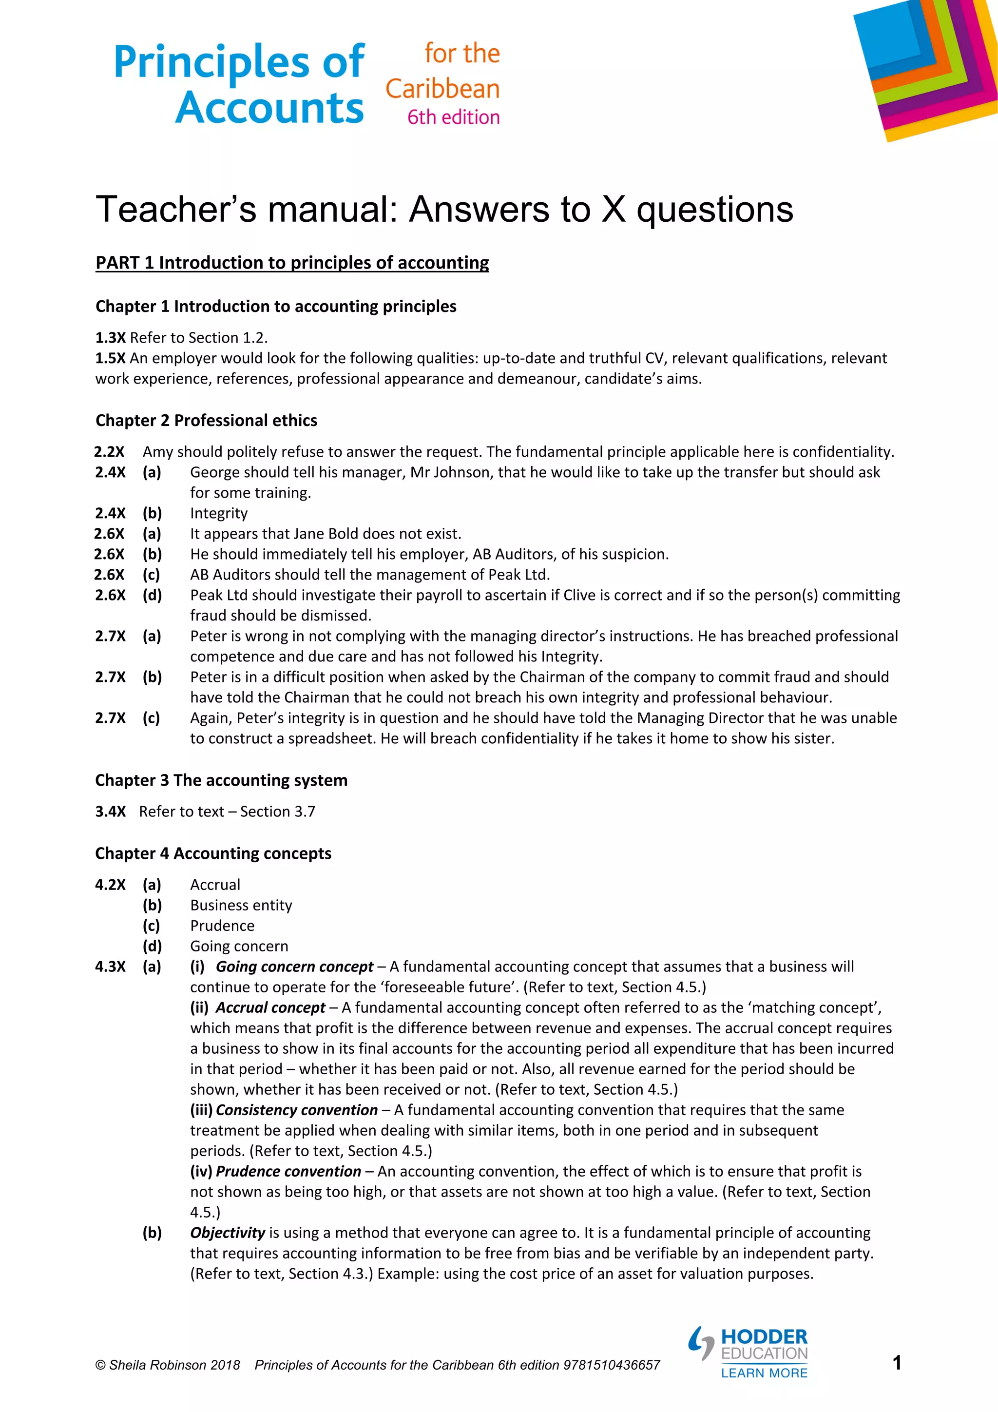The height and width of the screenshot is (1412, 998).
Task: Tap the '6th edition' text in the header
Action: tap(453, 117)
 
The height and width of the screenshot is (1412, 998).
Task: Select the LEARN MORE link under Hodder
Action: tap(764, 1373)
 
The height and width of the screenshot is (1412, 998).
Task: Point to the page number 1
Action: tap(897, 1362)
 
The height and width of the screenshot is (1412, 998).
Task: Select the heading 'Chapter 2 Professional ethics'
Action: tap(206, 421)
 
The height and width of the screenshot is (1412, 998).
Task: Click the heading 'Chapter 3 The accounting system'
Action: tap(221, 780)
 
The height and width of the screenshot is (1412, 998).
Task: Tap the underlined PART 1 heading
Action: tap(292, 263)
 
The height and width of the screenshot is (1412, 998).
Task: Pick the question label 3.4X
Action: tap(110, 812)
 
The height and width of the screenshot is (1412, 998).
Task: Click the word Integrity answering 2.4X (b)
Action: tap(218, 514)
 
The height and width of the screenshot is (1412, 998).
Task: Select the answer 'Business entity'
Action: tap(241, 905)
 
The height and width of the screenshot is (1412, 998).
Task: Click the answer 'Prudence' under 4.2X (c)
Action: tap(222, 926)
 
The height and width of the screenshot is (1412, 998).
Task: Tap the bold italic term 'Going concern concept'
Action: tap(294, 967)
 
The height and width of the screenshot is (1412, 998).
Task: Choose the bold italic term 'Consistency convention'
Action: tap(296, 1110)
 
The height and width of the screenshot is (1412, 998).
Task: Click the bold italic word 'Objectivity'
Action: tap(227, 1233)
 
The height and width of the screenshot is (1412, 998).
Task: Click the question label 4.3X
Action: tap(110, 967)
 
